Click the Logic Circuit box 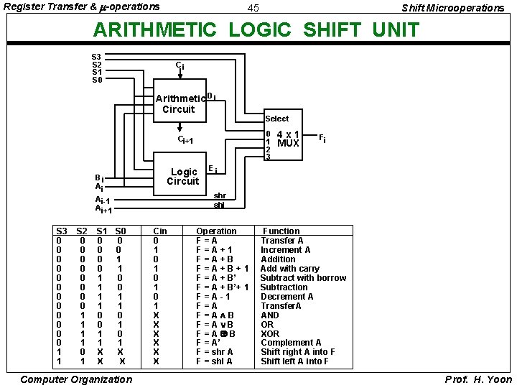pyautogui.click(x=182, y=176)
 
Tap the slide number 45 pyautogui.click(x=253, y=8)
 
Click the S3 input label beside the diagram pyautogui.click(x=96, y=56)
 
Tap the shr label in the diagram pyautogui.click(x=220, y=195)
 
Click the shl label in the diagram pyautogui.click(x=219, y=205)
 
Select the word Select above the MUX pyautogui.click(x=276, y=119)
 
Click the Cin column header pyautogui.click(x=160, y=231)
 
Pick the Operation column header pyautogui.click(x=216, y=231)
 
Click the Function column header pyautogui.click(x=281, y=231)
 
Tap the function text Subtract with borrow pyautogui.click(x=303, y=278)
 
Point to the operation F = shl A pyautogui.click(x=215, y=361)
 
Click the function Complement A pyautogui.click(x=291, y=343)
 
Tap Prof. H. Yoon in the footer pyautogui.click(x=478, y=379)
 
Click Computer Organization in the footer pyautogui.click(x=66, y=379)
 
